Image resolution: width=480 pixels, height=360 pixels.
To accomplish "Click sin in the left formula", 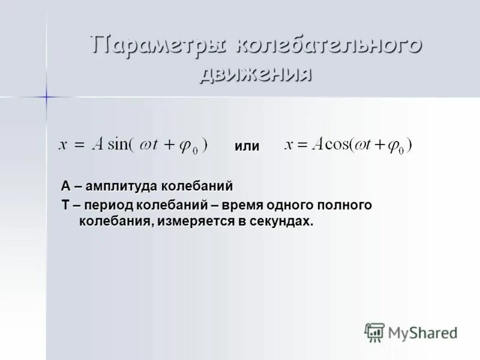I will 117,145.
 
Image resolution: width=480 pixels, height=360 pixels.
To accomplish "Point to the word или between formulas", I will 247,146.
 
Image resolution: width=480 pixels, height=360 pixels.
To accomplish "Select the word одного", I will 290,205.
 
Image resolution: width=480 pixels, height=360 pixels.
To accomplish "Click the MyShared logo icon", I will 374,332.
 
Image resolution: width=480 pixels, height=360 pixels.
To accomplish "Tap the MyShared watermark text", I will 422,332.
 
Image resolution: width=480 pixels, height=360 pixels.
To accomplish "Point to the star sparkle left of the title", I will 46,96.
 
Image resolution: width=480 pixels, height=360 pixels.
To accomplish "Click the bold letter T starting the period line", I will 65,205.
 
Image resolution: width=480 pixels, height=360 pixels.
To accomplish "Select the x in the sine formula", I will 62,146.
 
